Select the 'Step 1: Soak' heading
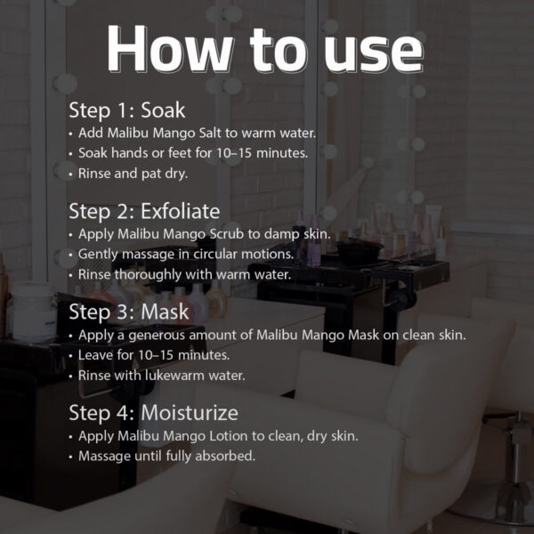[127, 110]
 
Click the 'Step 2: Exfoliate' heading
[144, 212]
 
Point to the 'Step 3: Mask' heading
[129, 312]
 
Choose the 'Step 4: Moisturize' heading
[153, 413]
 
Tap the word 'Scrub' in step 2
[227, 234]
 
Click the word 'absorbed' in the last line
[225, 456]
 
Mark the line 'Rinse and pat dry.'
[133, 174]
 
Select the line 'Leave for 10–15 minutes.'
[154, 355]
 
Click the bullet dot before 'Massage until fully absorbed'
[71, 457]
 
